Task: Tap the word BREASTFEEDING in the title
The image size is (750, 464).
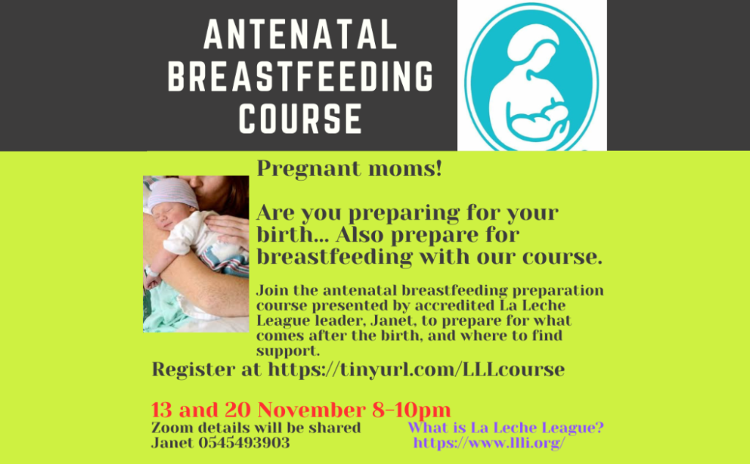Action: [x=300, y=76]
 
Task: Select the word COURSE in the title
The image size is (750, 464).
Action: [x=300, y=118]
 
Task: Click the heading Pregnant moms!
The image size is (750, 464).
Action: [x=349, y=169]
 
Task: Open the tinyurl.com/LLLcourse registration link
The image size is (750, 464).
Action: [x=416, y=370]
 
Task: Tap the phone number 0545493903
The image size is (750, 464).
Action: [x=244, y=443]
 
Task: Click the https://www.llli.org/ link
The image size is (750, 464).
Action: [x=489, y=443]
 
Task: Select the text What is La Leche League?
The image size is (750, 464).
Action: [x=505, y=427]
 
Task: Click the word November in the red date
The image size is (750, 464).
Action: [x=312, y=410]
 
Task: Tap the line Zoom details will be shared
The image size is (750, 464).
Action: [x=256, y=427]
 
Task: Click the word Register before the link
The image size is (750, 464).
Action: [x=207, y=370]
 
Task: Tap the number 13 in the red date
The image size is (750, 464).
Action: [x=162, y=410]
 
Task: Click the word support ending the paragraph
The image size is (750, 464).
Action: [x=288, y=351]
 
